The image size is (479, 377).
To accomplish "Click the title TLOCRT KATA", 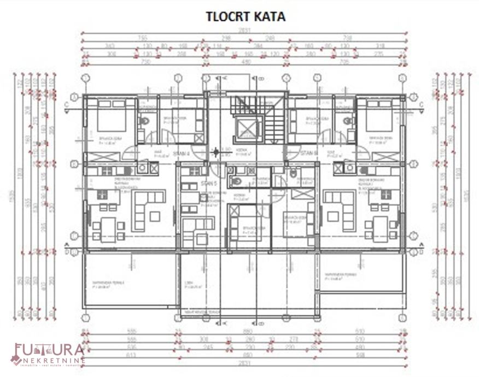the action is [246, 16].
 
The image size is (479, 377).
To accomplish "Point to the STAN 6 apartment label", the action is [309, 154].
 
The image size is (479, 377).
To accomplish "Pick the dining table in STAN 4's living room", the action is [107, 227].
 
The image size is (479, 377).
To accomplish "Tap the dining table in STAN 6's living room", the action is [381, 227].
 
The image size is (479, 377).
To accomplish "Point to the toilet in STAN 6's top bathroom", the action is [347, 121].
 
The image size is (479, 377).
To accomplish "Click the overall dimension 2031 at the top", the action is [246, 30].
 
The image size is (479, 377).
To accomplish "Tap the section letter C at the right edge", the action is [421, 104].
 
